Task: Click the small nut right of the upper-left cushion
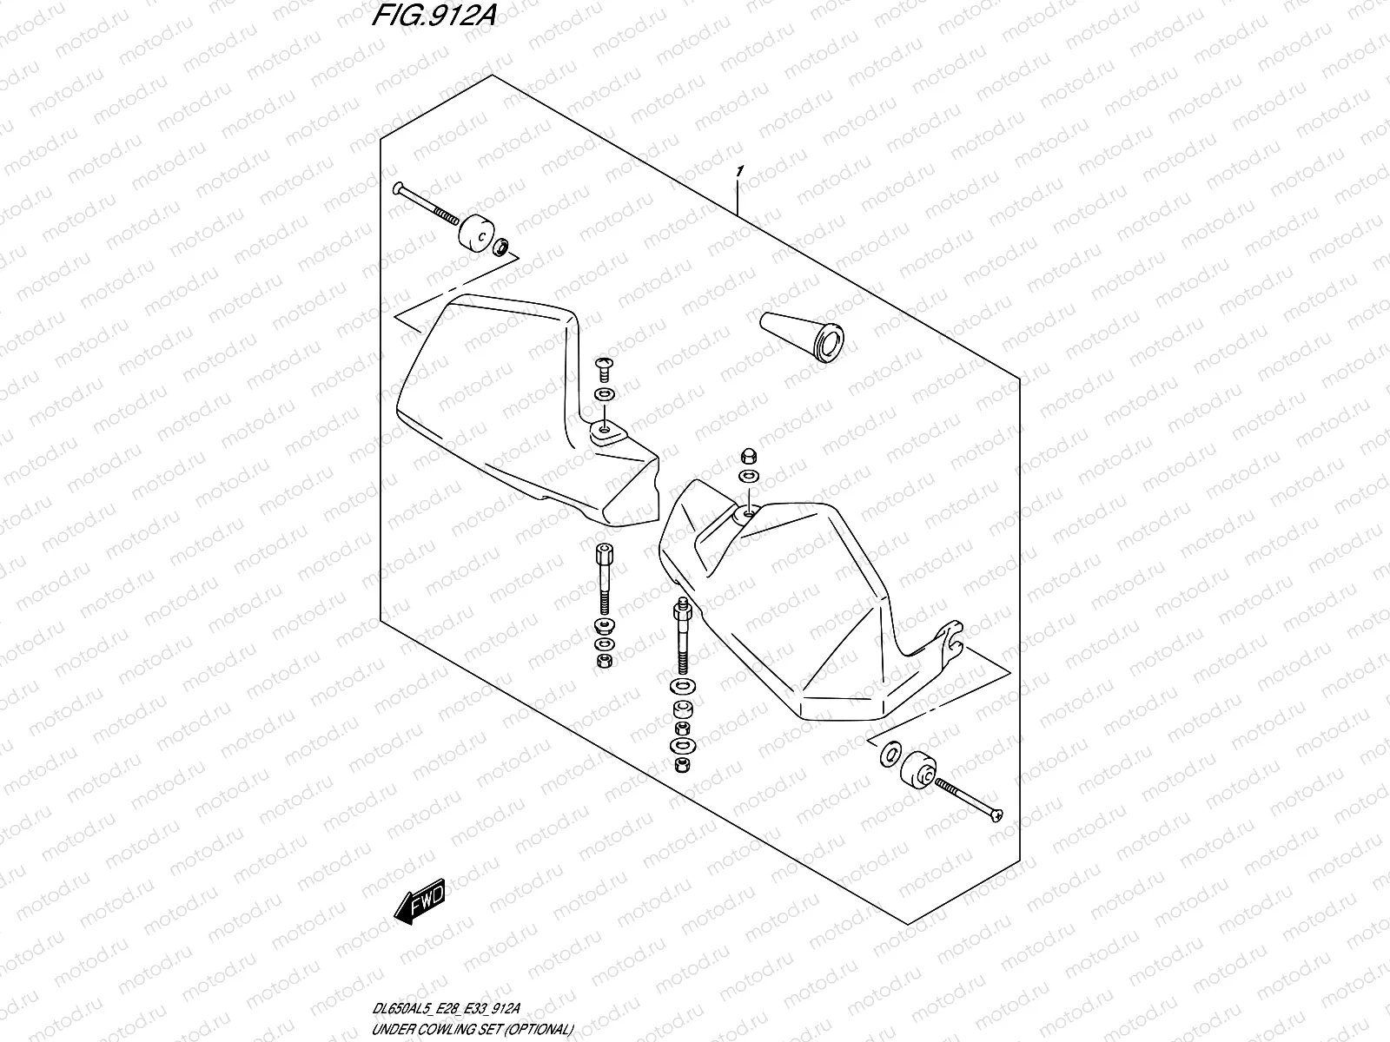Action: click(x=502, y=249)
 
